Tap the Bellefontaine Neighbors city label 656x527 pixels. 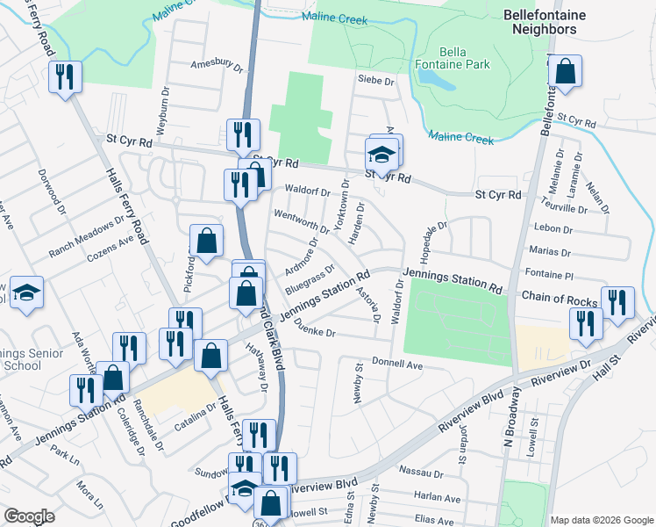point(540,22)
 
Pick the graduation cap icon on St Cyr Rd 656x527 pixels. point(382,155)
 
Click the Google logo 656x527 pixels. point(29,516)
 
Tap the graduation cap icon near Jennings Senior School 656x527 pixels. point(26,292)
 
